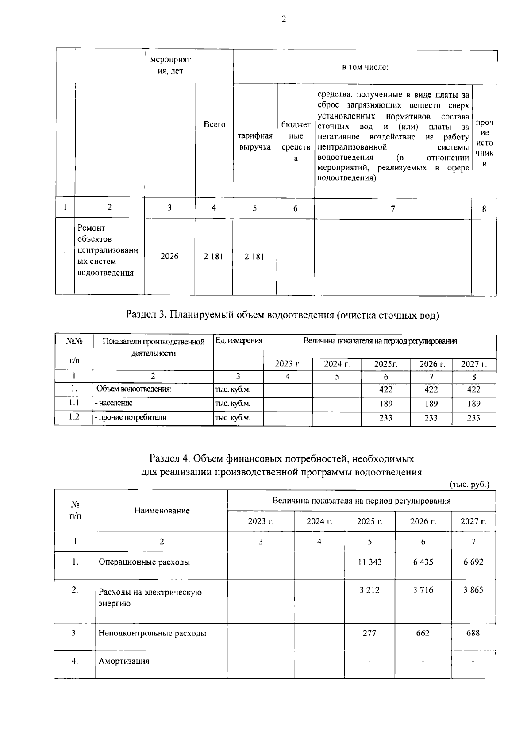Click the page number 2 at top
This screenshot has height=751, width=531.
click(284, 19)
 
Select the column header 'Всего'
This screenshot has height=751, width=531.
click(214, 125)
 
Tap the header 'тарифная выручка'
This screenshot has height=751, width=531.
click(255, 141)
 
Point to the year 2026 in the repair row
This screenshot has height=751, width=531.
click(169, 256)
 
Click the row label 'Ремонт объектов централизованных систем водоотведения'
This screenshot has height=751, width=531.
click(108, 250)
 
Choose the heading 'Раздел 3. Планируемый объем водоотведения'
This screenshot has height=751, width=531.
click(282, 315)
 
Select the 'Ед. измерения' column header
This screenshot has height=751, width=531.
click(239, 341)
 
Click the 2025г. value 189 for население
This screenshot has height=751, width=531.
click(385, 404)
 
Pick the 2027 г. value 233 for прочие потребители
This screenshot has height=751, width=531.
click(473, 418)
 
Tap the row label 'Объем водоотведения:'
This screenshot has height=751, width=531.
click(134, 389)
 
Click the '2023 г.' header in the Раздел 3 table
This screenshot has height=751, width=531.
click(288, 364)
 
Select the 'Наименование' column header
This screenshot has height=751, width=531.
click(162, 511)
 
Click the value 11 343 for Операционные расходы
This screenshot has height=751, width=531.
click(369, 562)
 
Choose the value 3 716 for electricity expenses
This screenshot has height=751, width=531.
click(423, 590)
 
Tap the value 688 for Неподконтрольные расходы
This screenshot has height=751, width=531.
click(473, 633)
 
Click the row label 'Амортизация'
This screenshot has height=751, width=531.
click(123, 661)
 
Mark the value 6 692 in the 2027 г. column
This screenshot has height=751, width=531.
click(473, 562)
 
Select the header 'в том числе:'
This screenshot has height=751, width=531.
click(365, 68)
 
